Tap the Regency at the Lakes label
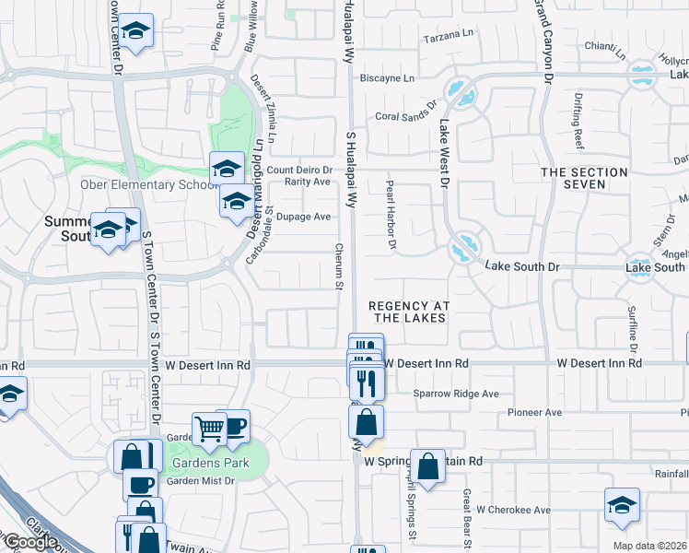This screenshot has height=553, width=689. pyautogui.click(x=407, y=312)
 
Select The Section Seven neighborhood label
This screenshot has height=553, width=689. pyautogui.click(x=585, y=178)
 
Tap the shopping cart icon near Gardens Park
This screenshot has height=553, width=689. pyautogui.click(x=210, y=428)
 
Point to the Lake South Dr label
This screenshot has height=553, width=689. pyautogui.click(x=522, y=267)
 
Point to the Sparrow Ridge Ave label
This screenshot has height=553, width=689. pyautogui.click(x=456, y=394)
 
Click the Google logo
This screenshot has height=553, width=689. pyautogui.click(x=30, y=542)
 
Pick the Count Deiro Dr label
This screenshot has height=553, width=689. pyautogui.click(x=299, y=170)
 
